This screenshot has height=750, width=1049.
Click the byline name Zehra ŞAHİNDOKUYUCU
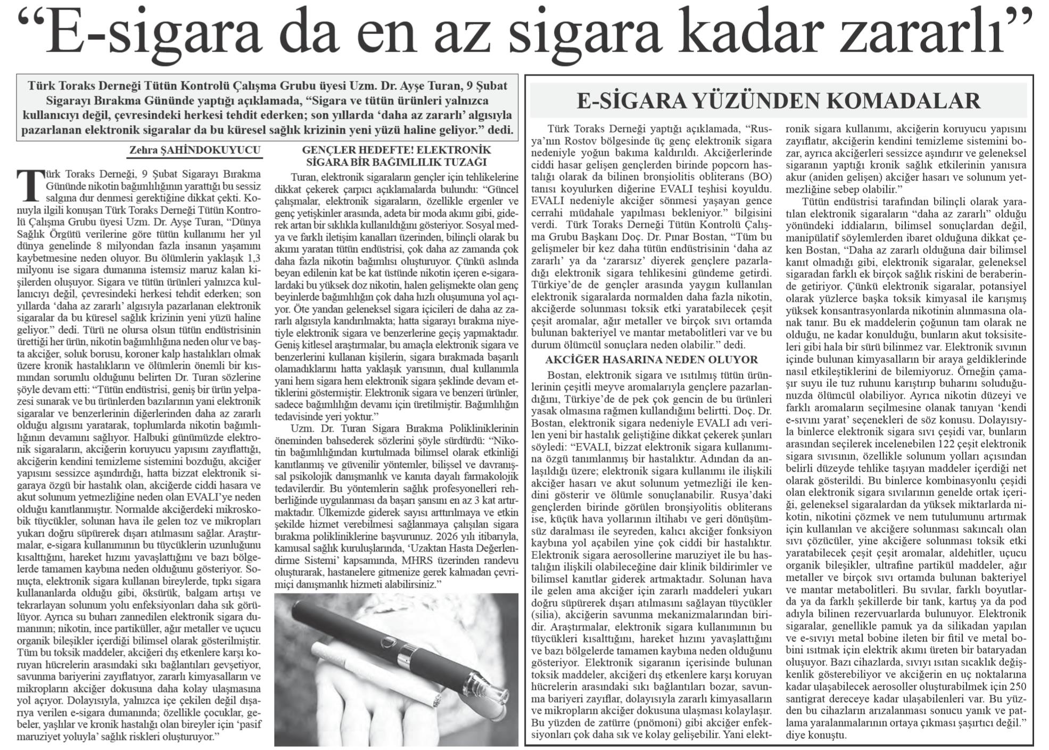click(x=195, y=151)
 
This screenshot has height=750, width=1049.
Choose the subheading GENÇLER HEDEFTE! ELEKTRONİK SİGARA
click(x=397, y=156)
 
